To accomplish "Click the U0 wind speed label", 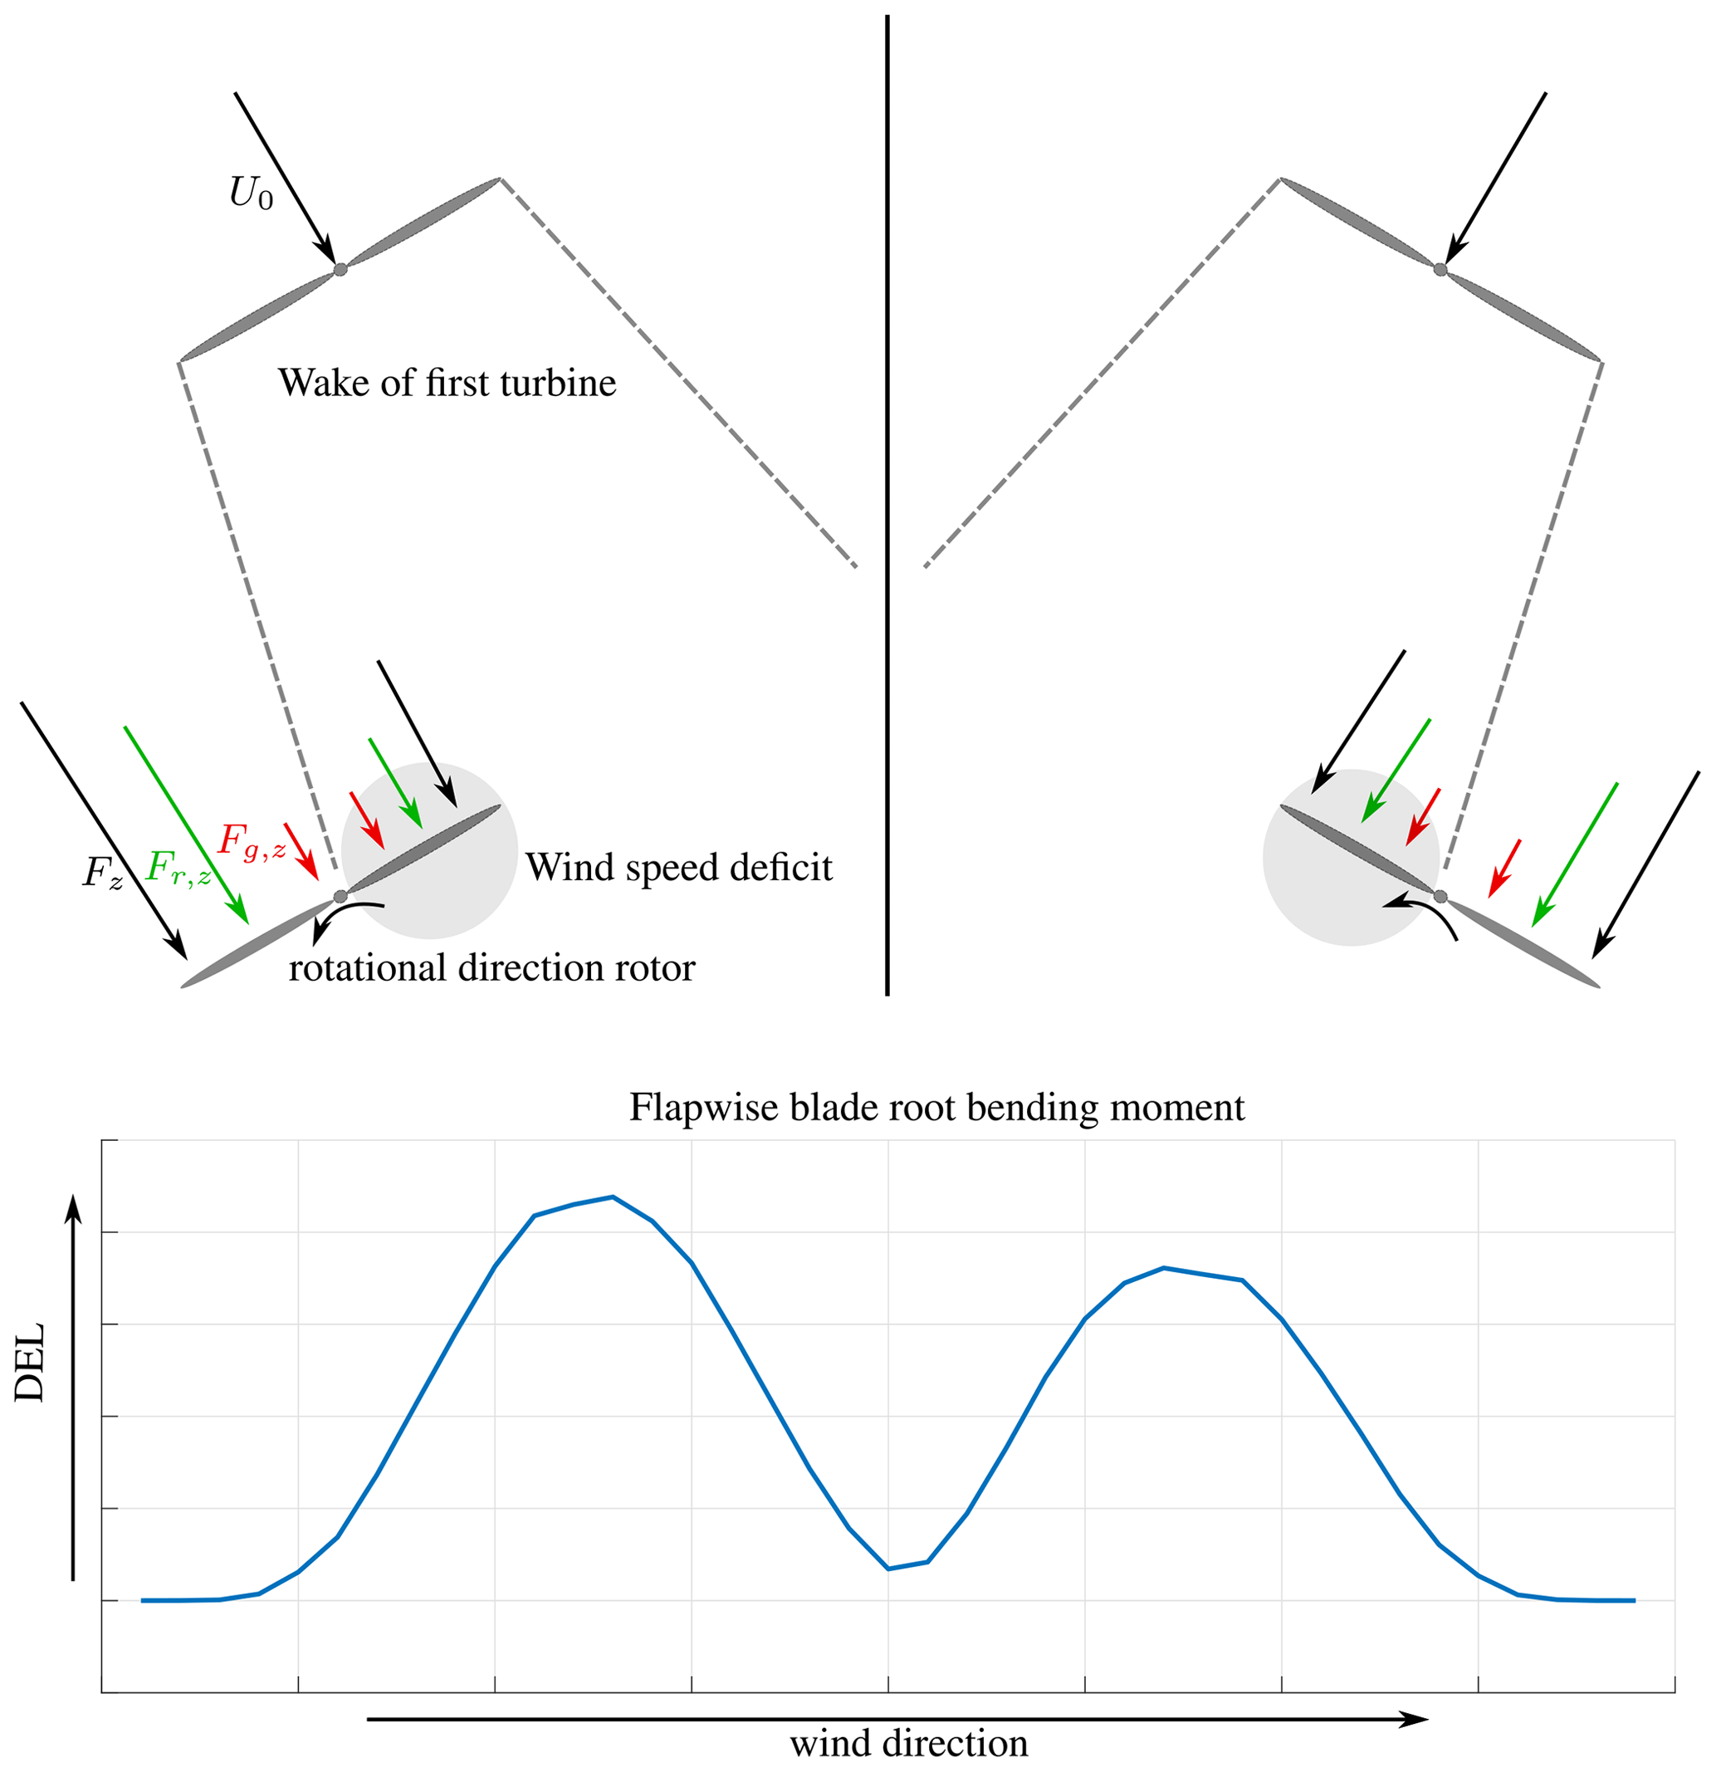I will click(251, 193).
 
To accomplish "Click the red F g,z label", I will click(252, 842).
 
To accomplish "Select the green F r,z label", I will click(179, 869).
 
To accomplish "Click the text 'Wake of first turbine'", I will click(447, 384).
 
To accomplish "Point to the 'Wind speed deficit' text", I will click(679, 868).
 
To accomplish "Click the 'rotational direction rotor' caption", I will click(491, 968).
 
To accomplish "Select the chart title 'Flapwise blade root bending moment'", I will click(936, 1108).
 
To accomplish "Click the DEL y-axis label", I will click(30, 1363).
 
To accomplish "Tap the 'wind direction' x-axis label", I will click(908, 1743).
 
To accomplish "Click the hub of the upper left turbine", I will click(340, 269).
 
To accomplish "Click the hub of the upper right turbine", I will click(1440, 269).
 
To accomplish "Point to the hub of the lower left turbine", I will click(340, 897).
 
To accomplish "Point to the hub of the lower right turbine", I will click(1440, 897).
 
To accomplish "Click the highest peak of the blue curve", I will click(613, 1197).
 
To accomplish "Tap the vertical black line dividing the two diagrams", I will click(887, 507).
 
